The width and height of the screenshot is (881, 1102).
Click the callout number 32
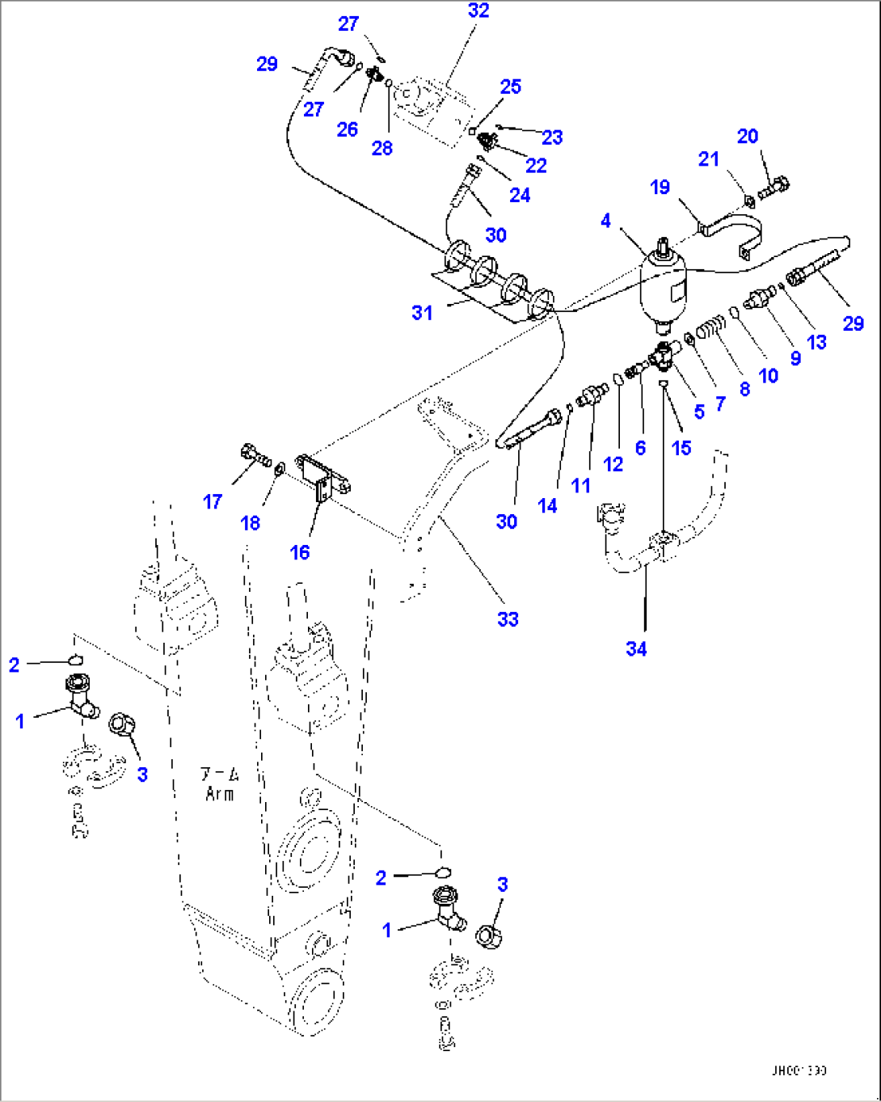coord(478,11)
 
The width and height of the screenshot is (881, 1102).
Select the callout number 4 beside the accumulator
coord(605,221)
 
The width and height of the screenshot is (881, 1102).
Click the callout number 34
coord(636,648)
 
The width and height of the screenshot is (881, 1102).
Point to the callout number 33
coord(508,619)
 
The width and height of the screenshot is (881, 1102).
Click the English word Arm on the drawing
coord(219,794)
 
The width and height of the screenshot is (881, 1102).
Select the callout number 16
coord(300,552)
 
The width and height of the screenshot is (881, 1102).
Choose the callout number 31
coord(422,313)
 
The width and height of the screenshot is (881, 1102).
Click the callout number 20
coord(748,136)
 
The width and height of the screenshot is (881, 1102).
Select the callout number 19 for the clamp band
coord(660,188)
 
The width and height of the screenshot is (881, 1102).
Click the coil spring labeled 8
coord(709,329)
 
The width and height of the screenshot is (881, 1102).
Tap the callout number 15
coord(681,448)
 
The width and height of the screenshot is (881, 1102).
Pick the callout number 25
coord(511,87)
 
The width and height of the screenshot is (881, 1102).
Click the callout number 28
coord(381,148)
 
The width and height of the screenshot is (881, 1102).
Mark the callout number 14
coord(547,506)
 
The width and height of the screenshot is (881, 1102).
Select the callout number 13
coord(816,342)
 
